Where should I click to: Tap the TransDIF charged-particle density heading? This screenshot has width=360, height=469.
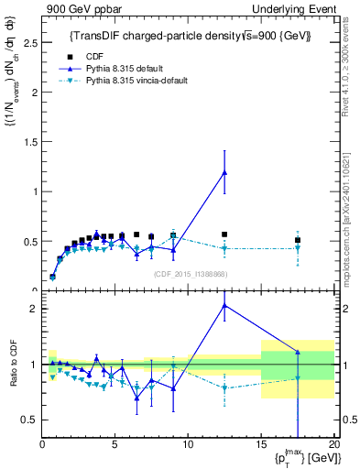tap(191, 36)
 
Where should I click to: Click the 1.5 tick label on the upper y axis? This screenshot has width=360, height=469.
tap(30, 142)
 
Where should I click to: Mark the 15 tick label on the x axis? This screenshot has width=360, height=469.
tap(261, 443)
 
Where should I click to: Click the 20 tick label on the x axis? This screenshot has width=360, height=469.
tap(333, 443)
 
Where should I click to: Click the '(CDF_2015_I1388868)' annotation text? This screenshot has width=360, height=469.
tap(191, 274)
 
